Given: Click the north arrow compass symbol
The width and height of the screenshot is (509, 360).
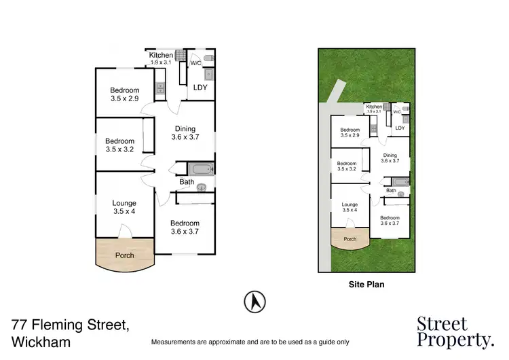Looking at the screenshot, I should tap(254, 301).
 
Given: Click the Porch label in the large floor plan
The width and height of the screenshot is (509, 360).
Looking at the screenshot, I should tap(124, 255).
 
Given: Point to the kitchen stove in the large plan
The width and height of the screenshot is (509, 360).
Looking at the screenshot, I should tap(180, 57).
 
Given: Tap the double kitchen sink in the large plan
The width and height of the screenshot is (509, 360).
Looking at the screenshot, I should tap(161, 88).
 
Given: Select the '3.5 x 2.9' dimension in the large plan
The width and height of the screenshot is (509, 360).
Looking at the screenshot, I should tap(125, 99).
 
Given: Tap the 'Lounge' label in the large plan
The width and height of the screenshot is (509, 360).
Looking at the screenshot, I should tap(124, 203).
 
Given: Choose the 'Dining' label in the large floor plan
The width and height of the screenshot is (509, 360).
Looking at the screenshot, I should tap(185, 129).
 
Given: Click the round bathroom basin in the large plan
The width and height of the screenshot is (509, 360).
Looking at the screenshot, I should tap(201, 190).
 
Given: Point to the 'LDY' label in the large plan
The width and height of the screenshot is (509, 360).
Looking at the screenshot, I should tap(200, 88).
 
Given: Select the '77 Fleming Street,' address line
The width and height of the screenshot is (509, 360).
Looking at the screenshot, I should tap(71, 325).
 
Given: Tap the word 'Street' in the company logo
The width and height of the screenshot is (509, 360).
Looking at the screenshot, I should tap(441, 324).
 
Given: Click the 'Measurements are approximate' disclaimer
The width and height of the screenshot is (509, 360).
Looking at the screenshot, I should tap(250, 342).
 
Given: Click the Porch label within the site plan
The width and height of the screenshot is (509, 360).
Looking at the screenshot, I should tap(350, 239).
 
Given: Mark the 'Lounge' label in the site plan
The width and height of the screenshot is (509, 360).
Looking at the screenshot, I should tap(350, 204).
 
